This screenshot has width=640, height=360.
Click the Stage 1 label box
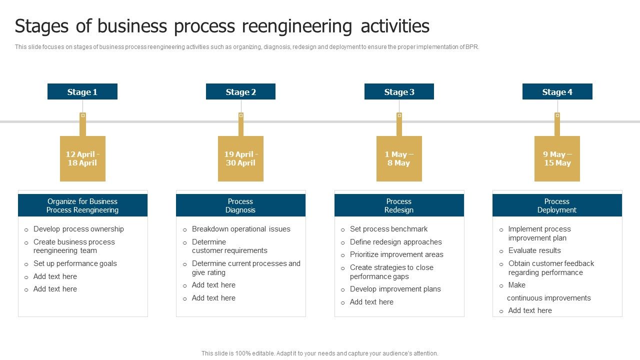click(x=82, y=91)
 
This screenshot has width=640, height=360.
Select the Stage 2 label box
click(x=240, y=91)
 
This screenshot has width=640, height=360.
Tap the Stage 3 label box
click(x=399, y=91)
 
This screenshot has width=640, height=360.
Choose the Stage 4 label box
click(x=557, y=91)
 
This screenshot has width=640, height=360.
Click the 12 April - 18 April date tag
click(x=82, y=158)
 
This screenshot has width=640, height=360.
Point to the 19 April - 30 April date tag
click(x=240, y=158)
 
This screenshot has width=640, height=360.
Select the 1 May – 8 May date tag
click(x=399, y=158)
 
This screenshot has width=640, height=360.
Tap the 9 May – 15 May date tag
click(x=557, y=158)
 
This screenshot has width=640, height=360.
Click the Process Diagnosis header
click(x=240, y=205)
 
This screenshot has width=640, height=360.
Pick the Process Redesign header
click(x=399, y=205)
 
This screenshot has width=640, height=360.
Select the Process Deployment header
click(x=557, y=205)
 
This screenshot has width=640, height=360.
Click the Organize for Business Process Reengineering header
click(x=82, y=205)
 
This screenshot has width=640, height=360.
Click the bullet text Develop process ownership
click(x=78, y=229)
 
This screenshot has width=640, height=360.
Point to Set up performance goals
click(x=75, y=263)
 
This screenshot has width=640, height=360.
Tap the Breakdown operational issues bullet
click(x=241, y=229)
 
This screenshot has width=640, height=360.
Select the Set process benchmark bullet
click(x=388, y=229)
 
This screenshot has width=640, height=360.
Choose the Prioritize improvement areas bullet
click(x=396, y=254)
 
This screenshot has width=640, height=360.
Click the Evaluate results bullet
click(x=534, y=250)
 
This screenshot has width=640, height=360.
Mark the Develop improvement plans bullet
click(x=395, y=289)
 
